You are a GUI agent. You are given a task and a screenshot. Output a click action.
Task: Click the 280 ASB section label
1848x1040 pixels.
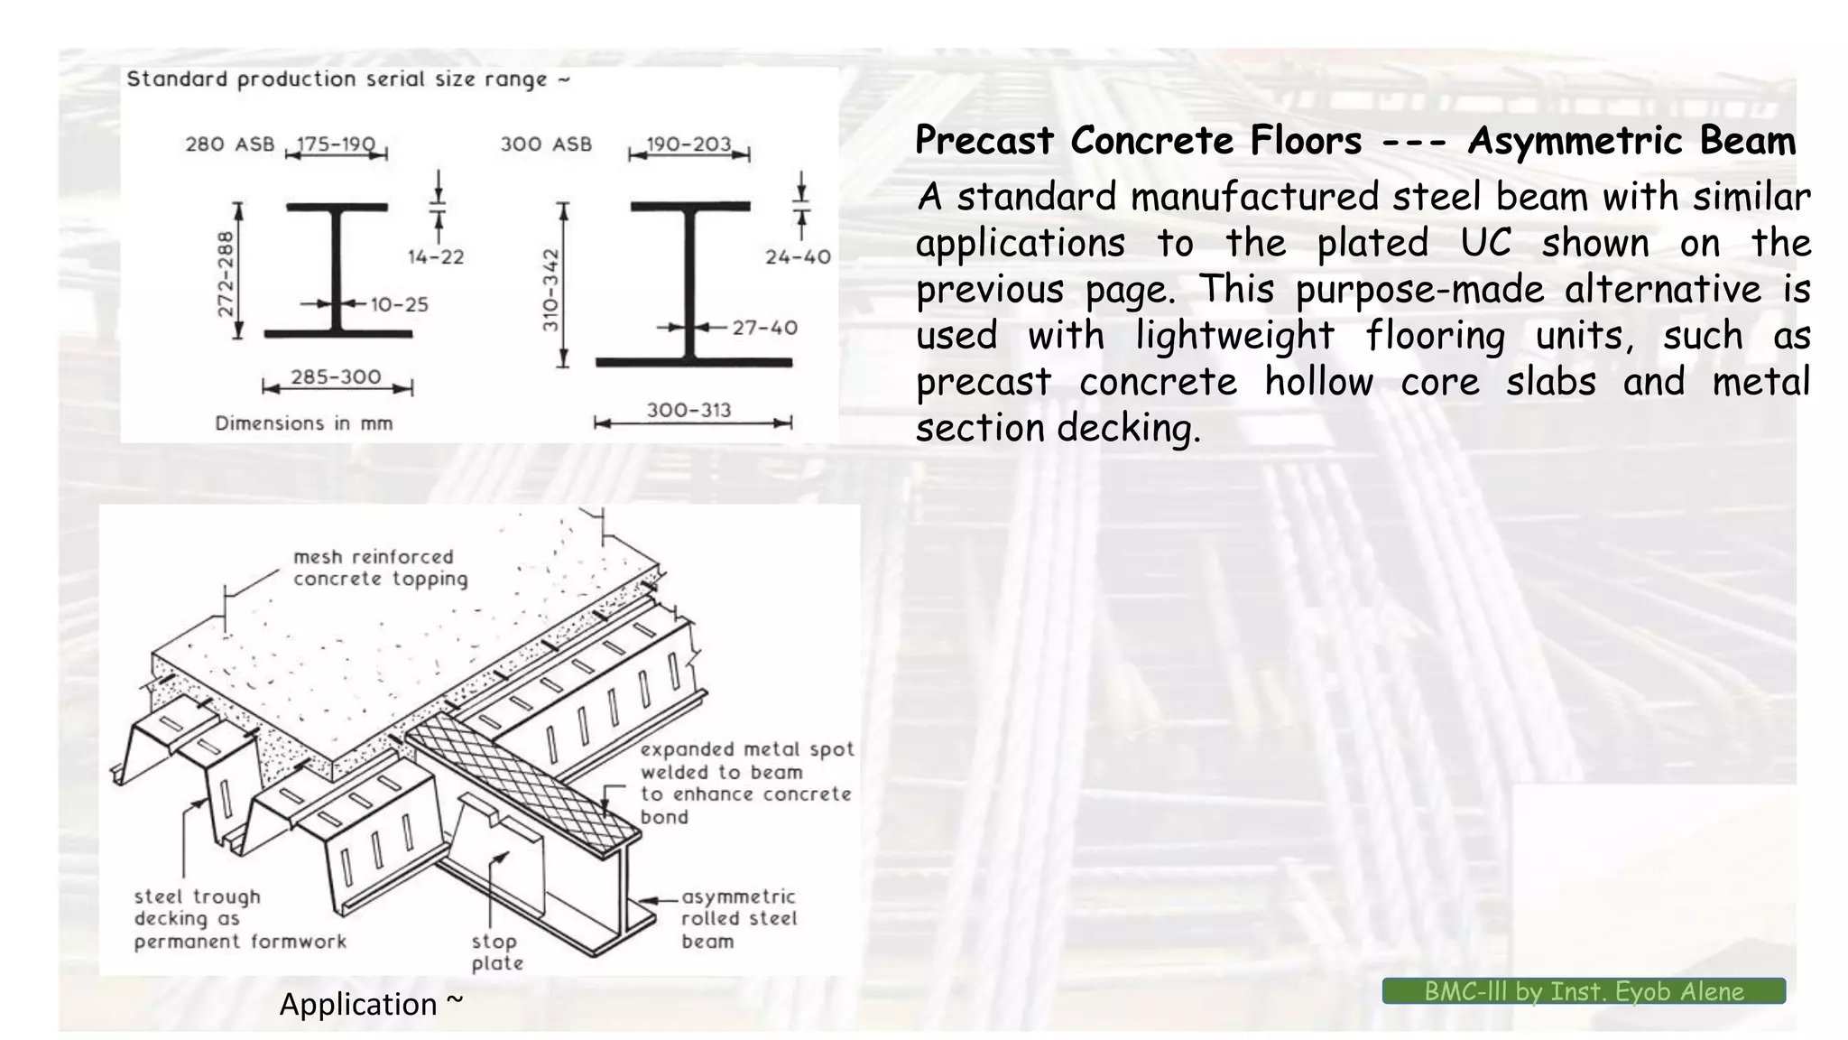point(229,144)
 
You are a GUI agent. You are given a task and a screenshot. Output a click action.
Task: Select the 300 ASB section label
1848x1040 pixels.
point(546,144)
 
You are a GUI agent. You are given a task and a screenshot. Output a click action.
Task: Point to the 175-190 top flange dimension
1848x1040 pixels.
point(336,144)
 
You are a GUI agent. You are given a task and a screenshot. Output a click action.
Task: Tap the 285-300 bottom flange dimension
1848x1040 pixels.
point(336,377)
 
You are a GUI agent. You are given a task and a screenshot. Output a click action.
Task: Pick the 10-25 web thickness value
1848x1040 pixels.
point(400,305)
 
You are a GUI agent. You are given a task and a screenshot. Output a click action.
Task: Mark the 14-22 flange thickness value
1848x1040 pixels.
point(436,257)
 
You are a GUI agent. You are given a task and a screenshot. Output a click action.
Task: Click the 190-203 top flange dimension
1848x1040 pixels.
point(688,144)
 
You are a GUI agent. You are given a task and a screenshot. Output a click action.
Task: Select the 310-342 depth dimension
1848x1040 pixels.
point(551,289)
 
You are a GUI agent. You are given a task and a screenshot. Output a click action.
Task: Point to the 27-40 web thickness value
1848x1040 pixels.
point(764,328)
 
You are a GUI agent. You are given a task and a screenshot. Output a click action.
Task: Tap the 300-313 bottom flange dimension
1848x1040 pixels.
point(688,411)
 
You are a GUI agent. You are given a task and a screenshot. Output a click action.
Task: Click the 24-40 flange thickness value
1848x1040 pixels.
point(798,257)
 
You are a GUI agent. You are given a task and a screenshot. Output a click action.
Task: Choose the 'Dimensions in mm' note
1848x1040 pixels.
point(304,423)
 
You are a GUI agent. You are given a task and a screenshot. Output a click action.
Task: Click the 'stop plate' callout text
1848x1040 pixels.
point(497,952)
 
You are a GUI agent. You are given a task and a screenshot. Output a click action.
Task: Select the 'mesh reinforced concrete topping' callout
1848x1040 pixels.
point(380,568)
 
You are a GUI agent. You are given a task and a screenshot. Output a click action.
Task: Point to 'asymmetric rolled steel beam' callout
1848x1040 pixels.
point(739,919)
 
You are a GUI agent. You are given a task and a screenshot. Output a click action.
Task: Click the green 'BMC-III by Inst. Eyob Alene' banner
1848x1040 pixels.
point(1584,991)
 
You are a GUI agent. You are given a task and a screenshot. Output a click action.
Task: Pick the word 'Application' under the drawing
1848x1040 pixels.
point(358,1004)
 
